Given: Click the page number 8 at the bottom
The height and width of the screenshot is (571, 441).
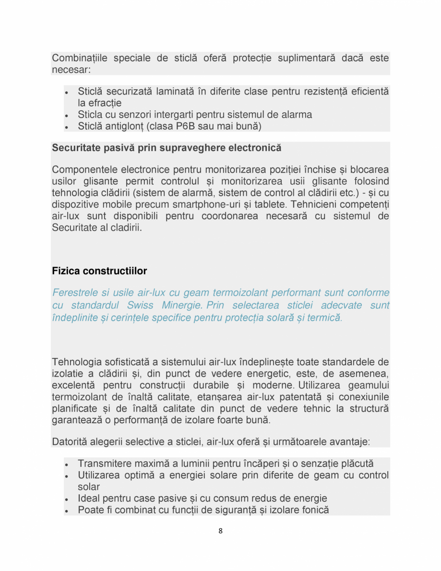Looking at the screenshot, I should pyautogui.click(x=220, y=531).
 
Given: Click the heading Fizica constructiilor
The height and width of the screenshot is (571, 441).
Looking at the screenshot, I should pyautogui.click(x=99, y=271).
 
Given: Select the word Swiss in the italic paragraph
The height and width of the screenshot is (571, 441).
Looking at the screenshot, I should pyautogui.click(x=140, y=305).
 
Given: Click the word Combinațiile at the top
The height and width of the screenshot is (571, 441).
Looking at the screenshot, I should pyautogui.click(x=79, y=59).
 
